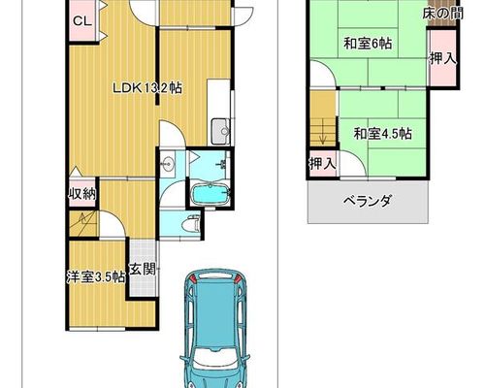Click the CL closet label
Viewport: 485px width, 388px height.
tap(82, 21)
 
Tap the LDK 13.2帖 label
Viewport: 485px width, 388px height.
tap(146, 88)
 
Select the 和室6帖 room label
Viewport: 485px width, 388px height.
tap(368, 43)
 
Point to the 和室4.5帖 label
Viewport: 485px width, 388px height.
tap(382, 133)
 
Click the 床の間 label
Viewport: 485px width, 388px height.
tap(442, 14)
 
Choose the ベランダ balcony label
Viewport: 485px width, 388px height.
tap(368, 201)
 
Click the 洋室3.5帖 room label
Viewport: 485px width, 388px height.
tap(96, 277)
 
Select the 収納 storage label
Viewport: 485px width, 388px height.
tap(82, 194)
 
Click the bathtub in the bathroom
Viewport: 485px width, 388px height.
tap(210, 194)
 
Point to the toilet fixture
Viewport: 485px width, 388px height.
tap(191, 224)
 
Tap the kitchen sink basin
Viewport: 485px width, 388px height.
tap(221, 131)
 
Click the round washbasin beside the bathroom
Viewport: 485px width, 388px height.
tap(168, 163)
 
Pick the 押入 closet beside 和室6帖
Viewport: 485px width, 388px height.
tap(443, 58)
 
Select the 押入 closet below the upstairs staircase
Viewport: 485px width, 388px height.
tap(323, 164)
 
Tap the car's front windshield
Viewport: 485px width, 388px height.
tap(213, 357)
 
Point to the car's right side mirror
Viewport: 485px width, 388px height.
tap(247, 358)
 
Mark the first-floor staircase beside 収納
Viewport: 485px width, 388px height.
tap(83, 223)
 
